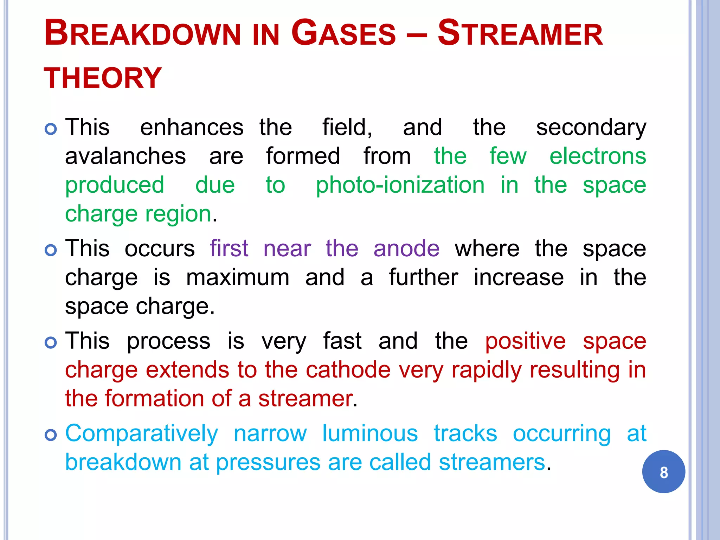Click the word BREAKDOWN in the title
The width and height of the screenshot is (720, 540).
[x=142, y=34]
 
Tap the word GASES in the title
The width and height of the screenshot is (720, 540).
[x=343, y=34]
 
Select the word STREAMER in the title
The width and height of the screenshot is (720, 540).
[x=520, y=34]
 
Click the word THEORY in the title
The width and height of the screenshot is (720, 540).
[x=103, y=78]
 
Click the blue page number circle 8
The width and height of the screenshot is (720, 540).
[x=663, y=472]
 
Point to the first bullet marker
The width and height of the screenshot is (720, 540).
[x=51, y=129]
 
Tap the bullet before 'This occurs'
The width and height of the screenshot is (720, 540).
[x=51, y=250]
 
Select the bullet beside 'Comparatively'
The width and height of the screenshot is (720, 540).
[x=51, y=435]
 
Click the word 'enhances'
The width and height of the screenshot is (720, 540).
[x=192, y=128]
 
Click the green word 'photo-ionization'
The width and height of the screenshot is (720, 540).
[x=400, y=186]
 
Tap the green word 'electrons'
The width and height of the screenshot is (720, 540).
[x=598, y=156]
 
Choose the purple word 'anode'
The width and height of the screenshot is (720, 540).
[x=406, y=249]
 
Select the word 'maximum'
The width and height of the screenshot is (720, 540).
[x=238, y=278]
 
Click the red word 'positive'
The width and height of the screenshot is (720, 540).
[x=525, y=342]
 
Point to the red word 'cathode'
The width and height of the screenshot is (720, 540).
[x=348, y=370]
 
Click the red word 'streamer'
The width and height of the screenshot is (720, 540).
[x=306, y=399]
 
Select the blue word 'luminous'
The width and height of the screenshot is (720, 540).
[x=370, y=433]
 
